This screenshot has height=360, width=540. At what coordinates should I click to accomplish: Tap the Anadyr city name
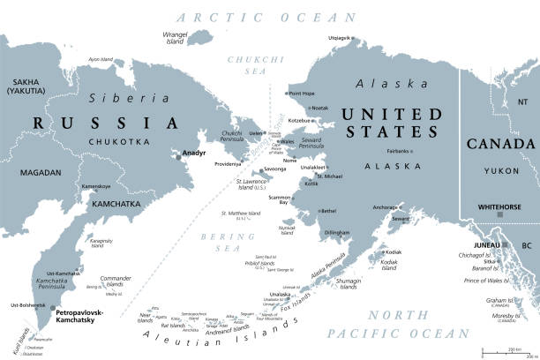coord(193,153)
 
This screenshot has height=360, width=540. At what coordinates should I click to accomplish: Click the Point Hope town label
coord(302,93)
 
